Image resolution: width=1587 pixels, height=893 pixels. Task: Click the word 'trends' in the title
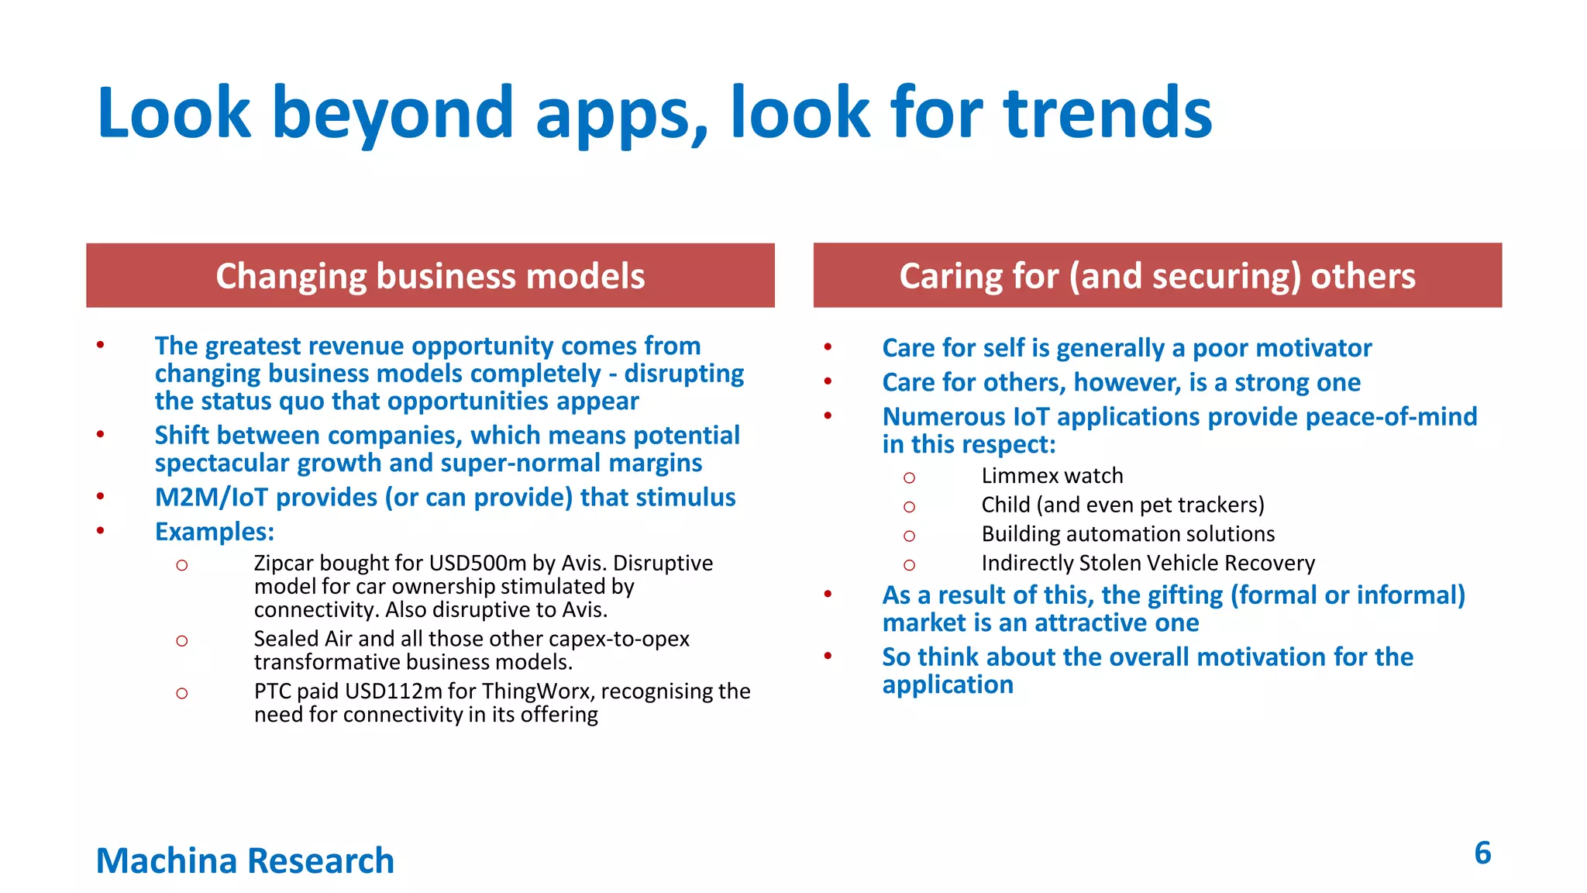[1108, 114]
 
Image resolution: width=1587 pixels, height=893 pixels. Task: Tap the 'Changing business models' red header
[430, 276]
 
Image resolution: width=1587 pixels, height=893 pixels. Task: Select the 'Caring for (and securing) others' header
[1157, 276]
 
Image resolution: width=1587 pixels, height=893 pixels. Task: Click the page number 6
[1482, 853]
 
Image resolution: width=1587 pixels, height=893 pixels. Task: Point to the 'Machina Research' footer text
[245, 861]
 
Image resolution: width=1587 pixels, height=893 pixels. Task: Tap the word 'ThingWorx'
[537, 691]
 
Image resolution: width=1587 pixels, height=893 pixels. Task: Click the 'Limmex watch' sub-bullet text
[1052, 476]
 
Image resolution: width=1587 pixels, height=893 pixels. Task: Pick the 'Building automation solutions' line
[1127, 534]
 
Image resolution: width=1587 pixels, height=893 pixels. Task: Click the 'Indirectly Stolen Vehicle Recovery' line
[1148, 564]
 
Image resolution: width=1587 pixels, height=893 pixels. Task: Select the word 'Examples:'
[215, 532]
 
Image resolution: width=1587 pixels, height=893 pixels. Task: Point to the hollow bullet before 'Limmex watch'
[909, 478]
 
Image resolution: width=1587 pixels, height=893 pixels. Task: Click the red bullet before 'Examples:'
[100, 531]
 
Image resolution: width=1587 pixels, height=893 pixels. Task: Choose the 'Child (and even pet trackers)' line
[1122, 505]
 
